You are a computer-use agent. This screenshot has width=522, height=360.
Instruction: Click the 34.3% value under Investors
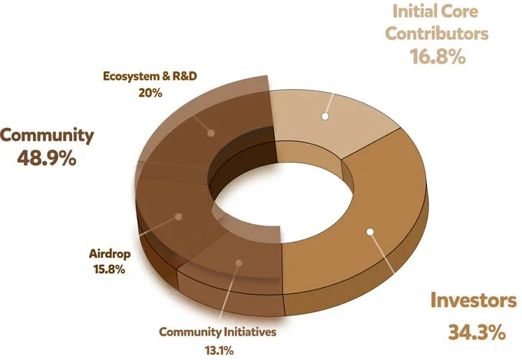coord(476,332)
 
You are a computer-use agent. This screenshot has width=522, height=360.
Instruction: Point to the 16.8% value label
coord(436,56)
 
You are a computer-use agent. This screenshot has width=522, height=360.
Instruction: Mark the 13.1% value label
coord(217,349)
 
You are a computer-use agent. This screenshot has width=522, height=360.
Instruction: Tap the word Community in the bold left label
coord(47,136)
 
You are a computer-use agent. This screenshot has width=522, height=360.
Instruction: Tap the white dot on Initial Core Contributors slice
coord(325,116)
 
